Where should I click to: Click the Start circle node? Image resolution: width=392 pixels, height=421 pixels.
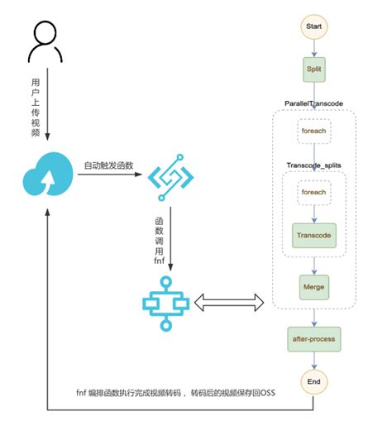point(313,26)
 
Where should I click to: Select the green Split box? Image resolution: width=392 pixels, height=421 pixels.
point(313,68)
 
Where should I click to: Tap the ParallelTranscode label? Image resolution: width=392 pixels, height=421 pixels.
point(313,103)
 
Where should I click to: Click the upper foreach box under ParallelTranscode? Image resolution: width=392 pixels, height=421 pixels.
point(313,130)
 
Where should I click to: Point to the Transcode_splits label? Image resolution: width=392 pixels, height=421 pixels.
point(313,165)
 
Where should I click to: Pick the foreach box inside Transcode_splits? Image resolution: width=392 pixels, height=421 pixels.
point(313,192)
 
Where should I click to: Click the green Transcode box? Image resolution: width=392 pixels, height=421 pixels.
point(313,234)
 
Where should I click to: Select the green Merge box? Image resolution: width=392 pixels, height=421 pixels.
point(313,287)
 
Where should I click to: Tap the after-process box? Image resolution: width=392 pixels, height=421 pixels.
point(313,339)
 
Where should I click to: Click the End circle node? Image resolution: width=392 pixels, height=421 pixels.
point(313,383)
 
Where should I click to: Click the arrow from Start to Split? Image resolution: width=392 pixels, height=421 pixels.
point(313,46)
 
